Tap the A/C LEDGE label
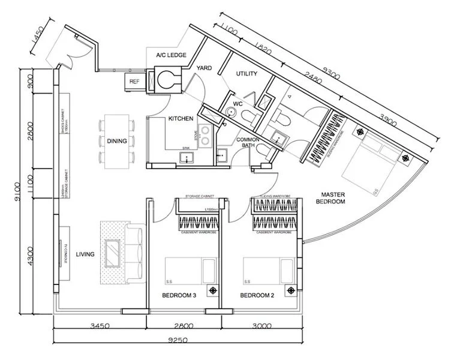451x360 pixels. [171, 55]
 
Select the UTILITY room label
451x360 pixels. [246, 74]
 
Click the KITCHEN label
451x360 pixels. [180, 119]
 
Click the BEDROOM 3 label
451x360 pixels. [180, 296]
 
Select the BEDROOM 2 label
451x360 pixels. [257, 296]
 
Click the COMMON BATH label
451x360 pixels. [250, 142]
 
